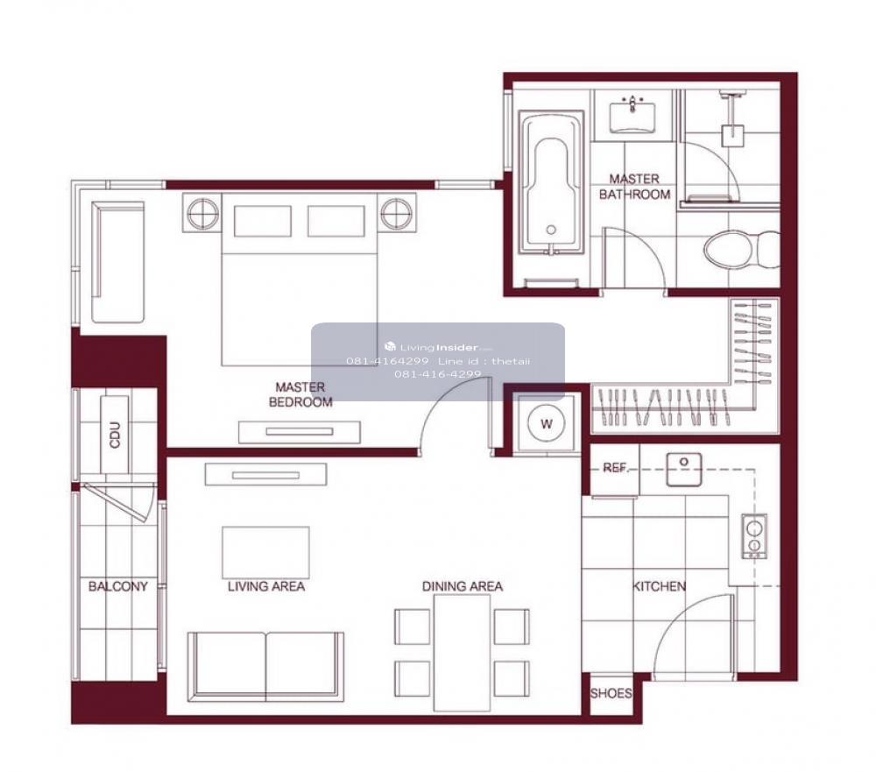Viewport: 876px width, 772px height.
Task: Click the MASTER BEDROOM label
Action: [x=300, y=394]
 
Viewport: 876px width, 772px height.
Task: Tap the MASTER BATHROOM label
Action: [x=634, y=187]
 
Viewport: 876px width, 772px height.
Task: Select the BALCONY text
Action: [x=118, y=586]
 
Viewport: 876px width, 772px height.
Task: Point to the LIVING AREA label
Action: [x=266, y=586]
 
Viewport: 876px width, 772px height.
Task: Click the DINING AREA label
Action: [x=462, y=586]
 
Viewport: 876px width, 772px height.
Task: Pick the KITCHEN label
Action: [x=660, y=586]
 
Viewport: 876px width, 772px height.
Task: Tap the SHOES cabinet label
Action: [x=611, y=693]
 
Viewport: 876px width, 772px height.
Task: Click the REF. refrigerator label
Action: [x=616, y=467]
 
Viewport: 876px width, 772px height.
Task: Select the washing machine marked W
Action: [x=546, y=423]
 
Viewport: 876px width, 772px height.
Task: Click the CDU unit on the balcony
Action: [x=115, y=435]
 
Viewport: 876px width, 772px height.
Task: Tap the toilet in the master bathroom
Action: [x=742, y=250]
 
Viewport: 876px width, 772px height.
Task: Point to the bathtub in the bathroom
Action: [x=551, y=182]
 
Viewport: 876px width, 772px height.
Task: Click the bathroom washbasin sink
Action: [x=632, y=115]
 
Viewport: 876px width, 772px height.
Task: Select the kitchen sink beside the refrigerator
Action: [x=684, y=469]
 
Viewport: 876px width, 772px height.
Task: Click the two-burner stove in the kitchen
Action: [x=754, y=536]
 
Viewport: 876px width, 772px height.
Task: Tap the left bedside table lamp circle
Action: [x=202, y=213]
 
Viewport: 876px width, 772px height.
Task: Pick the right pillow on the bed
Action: [x=336, y=221]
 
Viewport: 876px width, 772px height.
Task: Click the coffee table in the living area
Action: [x=266, y=552]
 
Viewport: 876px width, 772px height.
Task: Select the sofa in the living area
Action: [x=265, y=666]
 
